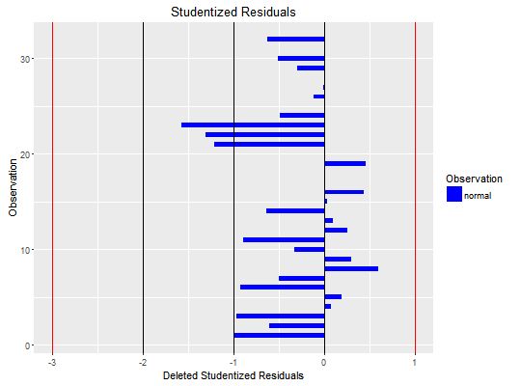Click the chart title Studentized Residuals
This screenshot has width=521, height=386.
pos(233,13)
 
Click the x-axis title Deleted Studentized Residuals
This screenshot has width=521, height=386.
pos(233,374)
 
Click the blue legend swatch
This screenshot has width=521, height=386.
pos(453,195)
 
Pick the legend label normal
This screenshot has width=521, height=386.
pos(478,195)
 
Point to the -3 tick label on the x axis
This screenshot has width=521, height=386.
pos(51,363)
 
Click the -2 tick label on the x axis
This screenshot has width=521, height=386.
pos(142,363)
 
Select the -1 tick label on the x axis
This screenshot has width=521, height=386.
pos(233,363)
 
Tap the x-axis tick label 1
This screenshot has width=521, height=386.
pos(415,363)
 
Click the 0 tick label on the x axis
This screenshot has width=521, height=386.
pos(324,363)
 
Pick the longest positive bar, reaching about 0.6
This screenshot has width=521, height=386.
pos(351,268)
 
